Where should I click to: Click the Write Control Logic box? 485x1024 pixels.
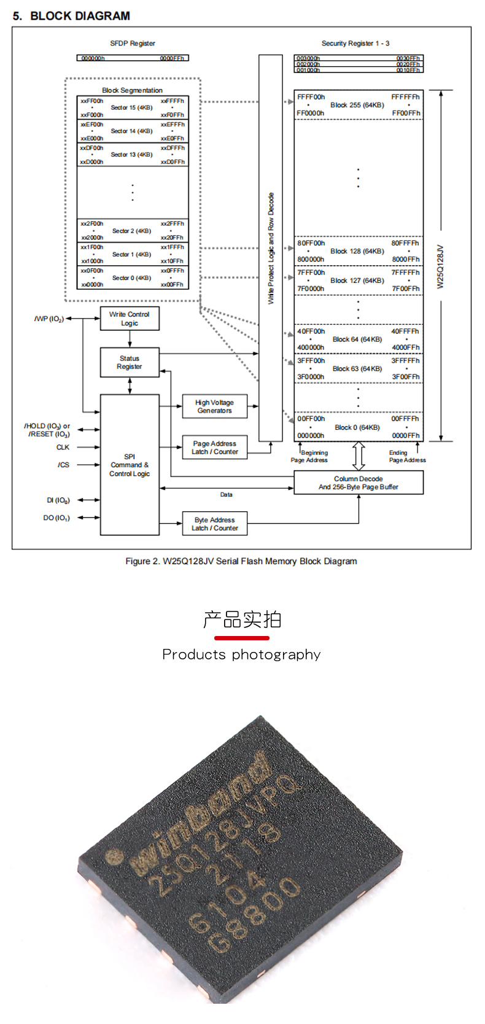coord(130,319)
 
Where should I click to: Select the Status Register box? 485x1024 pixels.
coord(130,362)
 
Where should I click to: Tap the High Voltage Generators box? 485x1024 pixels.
coord(214,406)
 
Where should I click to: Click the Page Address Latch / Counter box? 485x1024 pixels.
coord(214,448)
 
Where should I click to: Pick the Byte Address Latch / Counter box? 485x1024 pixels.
coord(214,524)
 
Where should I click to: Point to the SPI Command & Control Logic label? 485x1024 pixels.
coord(130,465)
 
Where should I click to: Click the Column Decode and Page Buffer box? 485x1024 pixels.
coord(359,483)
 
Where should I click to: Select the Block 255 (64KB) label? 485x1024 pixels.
coord(357,105)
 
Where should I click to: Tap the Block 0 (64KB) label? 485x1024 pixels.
coord(357,427)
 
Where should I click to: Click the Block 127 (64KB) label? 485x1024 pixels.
coord(357,281)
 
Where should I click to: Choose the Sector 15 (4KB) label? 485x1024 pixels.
coord(131,107)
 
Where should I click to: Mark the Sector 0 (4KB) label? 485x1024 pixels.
coord(131,278)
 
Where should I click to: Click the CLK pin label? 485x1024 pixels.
coord(63,448)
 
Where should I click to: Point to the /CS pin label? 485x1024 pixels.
coord(63,465)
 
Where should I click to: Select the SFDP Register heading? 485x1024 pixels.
coord(133,44)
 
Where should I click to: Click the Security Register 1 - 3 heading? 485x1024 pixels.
coord(355,44)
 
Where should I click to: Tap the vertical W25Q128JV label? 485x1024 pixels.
coord(440,266)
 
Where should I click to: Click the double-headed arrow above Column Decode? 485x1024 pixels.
coord(359,456)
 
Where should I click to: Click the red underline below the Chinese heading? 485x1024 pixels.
coord(241,638)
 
